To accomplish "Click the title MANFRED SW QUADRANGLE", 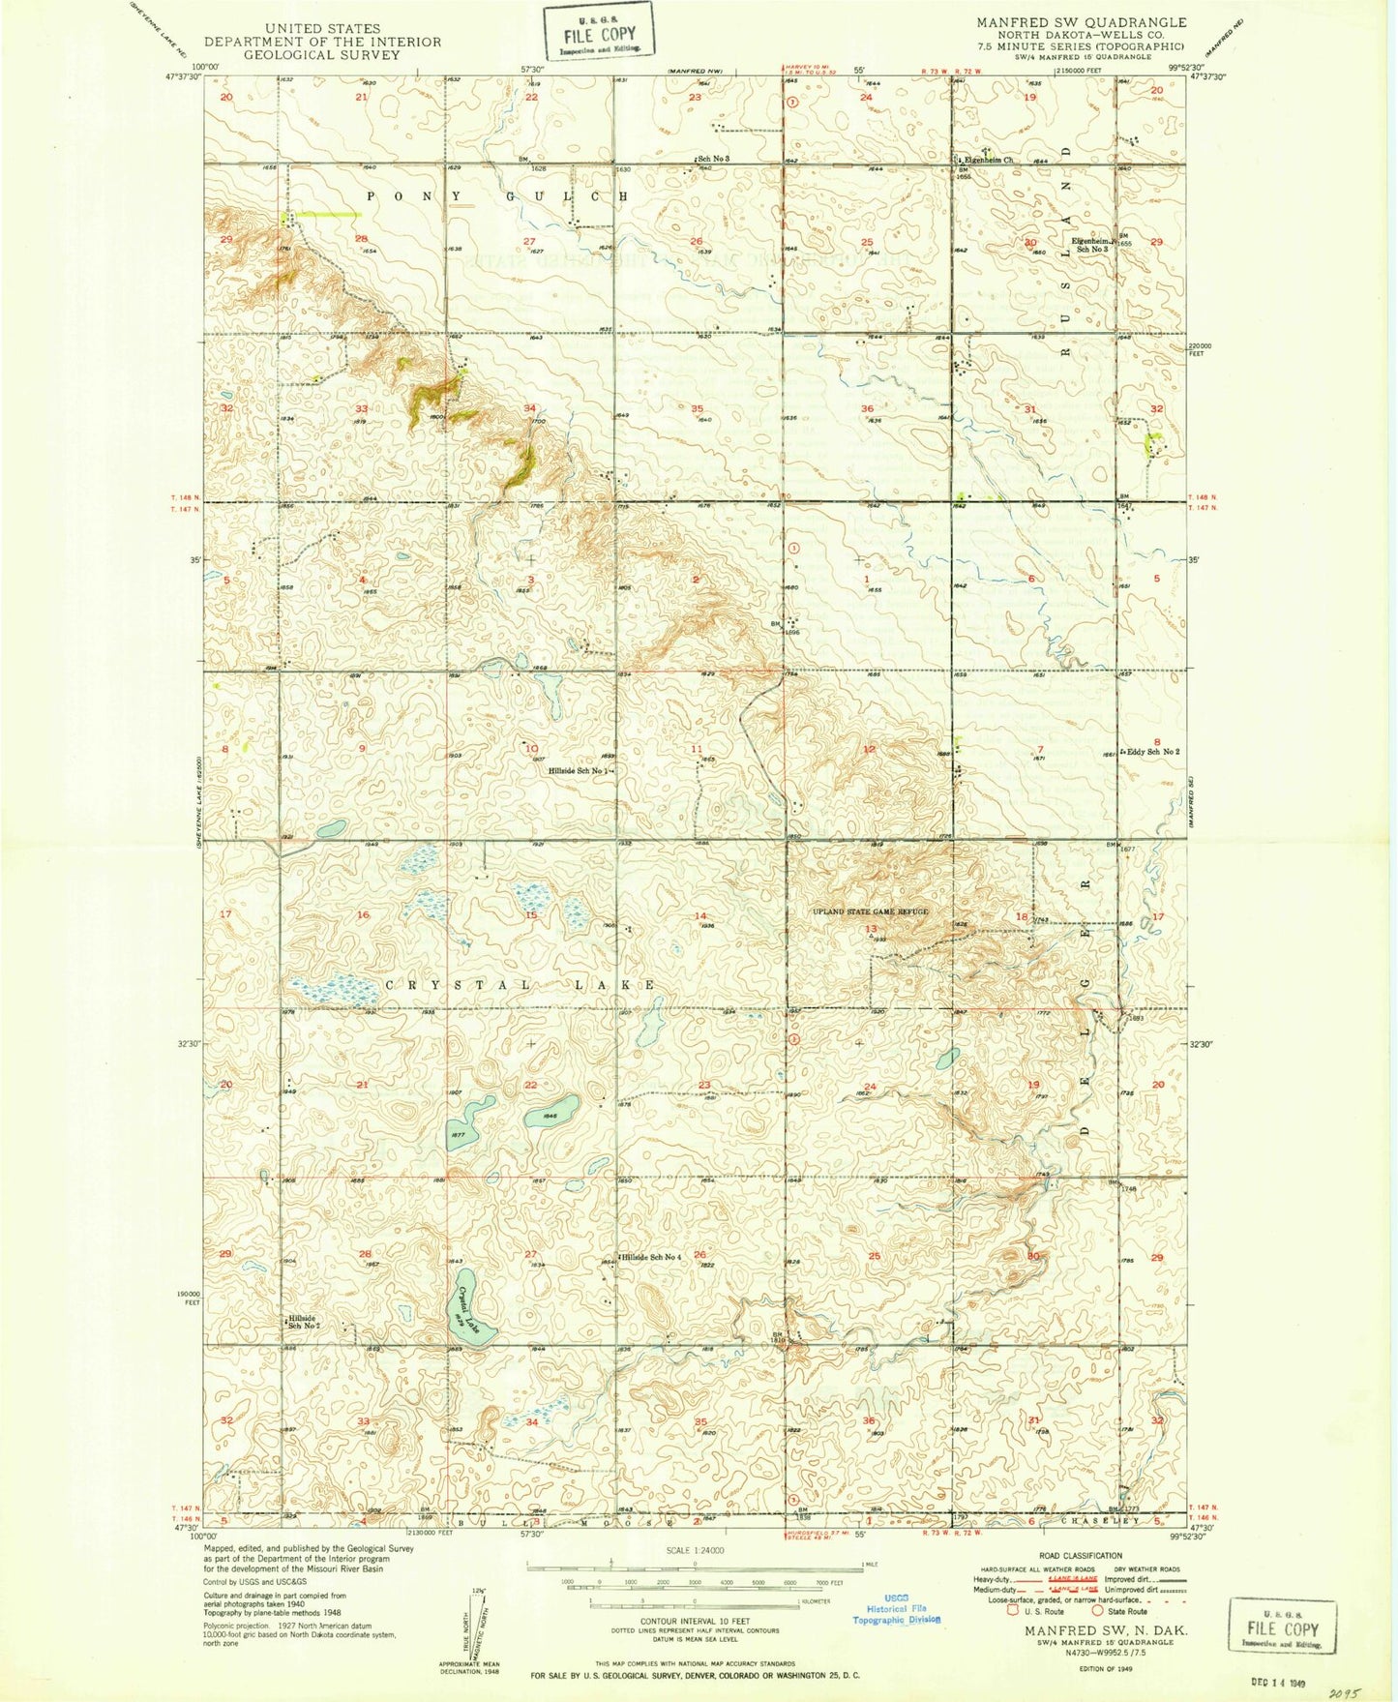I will [1081, 22].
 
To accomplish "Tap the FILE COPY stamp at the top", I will [597, 32].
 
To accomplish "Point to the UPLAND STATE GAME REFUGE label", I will [871, 911].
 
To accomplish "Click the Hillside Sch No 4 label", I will [652, 1257].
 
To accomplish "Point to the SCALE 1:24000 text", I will [694, 1551].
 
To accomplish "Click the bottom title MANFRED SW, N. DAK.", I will [1099, 1630].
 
